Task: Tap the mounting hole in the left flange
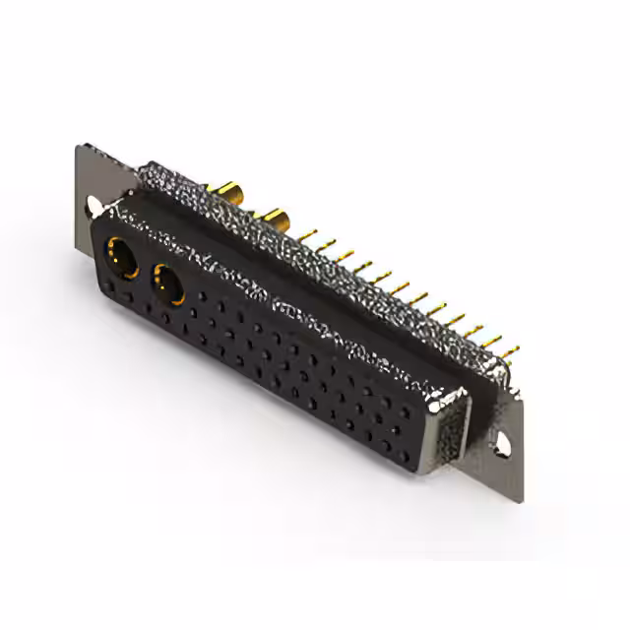[94, 207]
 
